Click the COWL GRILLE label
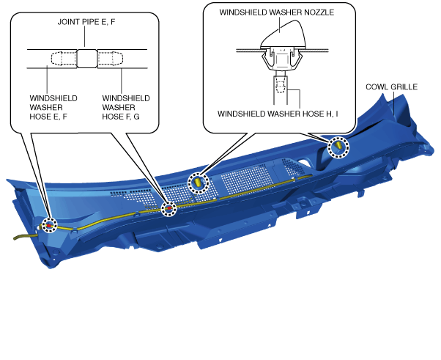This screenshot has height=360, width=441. [391, 87]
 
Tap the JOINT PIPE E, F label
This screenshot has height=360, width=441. [86, 22]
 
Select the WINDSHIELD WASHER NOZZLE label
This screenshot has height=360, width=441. [277, 12]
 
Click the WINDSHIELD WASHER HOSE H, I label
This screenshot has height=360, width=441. [278, 114]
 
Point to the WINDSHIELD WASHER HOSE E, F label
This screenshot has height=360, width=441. [53, 107]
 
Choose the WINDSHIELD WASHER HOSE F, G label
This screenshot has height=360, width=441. [126, 107]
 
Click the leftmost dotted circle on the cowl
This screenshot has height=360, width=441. [49, 225]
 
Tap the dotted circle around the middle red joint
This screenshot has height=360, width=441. [168, 209]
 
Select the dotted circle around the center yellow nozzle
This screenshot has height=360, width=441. [199, 183]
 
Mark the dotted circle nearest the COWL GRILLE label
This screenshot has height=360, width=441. [338, 147]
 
